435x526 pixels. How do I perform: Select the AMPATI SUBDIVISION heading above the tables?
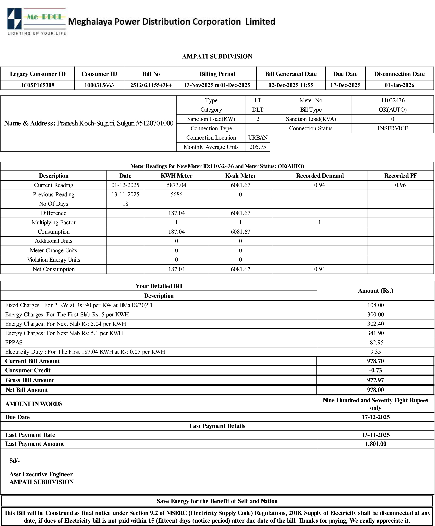[217, 57]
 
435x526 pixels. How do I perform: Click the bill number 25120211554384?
[151, 85]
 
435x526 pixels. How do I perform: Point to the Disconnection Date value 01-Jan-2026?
[399, 85]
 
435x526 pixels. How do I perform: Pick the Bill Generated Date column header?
[291, 74]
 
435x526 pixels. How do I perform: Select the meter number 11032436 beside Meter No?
[393, 100]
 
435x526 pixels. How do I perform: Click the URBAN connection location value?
[258, 138]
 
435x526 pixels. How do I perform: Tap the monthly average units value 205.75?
[258, 147]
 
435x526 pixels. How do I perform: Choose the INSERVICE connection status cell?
[393, 129]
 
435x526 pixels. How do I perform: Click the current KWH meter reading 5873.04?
[176, 185]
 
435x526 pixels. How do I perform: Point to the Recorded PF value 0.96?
[400, 185]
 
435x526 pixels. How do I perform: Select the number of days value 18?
[125, 204]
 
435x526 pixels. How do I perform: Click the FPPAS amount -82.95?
[375, 342]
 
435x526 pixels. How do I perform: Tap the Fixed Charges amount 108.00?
[375, 305]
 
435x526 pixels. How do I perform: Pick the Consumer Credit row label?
[28, 371]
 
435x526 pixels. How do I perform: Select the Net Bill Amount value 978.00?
[375, 390]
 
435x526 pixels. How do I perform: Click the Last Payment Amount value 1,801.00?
[375, 444]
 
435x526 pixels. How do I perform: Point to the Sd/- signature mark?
[15, 461]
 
